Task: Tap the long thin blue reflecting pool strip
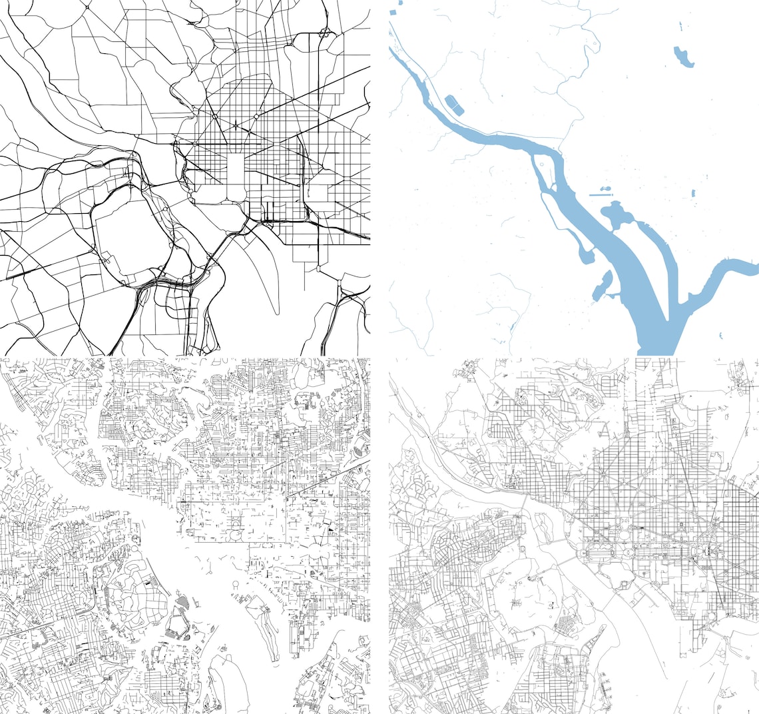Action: pyautogui.click(x=602, y=194)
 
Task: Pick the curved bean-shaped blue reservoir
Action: pyautogui.click(x=683, y=57)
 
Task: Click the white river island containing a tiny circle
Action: pyautogui.click(x=547, y=175)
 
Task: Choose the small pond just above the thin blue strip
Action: pyautogui.click(x=607, y=188)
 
